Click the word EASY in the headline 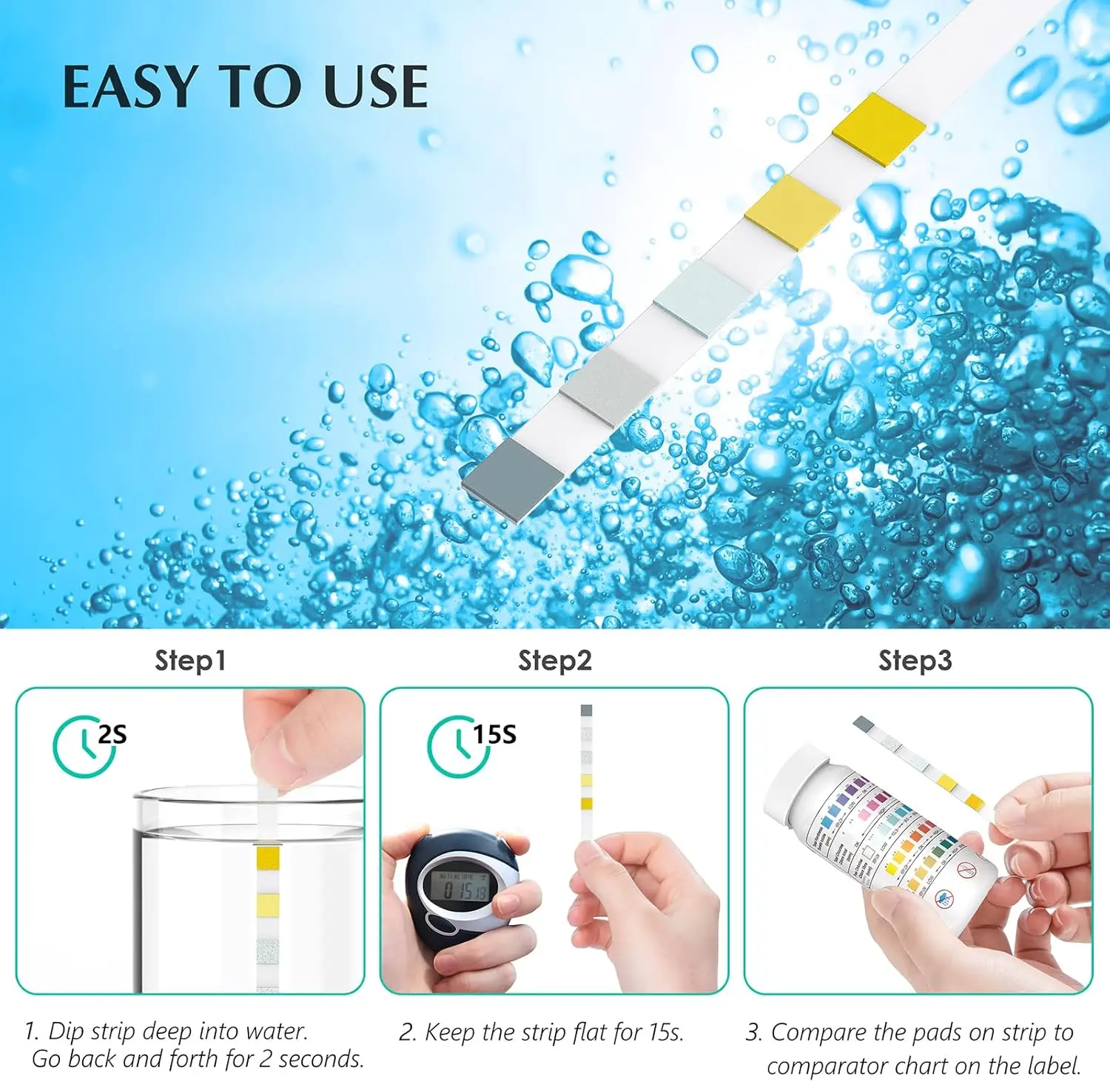(129, 87)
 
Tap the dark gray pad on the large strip (513, 479)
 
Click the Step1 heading (189, 660)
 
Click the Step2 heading (554, 660)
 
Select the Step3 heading (915, 660)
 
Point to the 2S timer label (112, 734)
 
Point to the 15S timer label (495, 734)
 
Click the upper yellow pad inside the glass (267, 858)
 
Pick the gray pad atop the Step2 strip (587, 710)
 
